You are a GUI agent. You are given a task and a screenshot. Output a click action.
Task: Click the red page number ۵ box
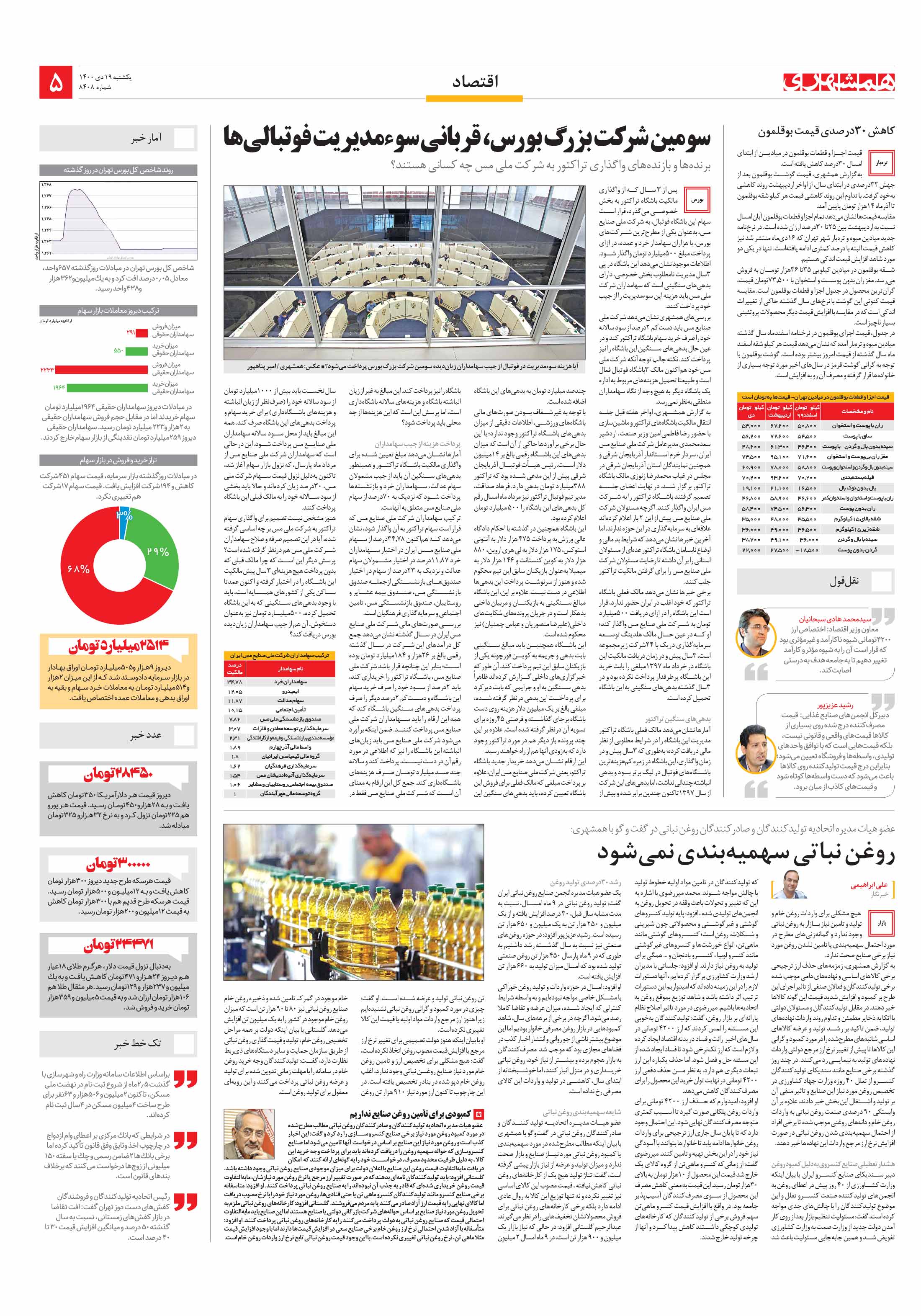coord(56,82)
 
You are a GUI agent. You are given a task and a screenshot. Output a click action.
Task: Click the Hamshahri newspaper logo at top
coord(839,82)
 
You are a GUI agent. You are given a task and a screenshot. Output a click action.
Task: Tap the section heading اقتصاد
coord(475,82)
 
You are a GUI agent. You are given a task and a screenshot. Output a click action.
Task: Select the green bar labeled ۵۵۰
coord(136,350)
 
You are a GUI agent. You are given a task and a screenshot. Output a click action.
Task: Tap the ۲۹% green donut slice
coord(154,547)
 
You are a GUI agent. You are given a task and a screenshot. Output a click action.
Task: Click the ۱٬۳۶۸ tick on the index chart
coord(46,185)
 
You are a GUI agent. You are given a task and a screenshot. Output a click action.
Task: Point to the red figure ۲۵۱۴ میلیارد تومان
coord(118,646)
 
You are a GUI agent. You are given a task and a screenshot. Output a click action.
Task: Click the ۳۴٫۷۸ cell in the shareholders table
coord(235,682)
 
